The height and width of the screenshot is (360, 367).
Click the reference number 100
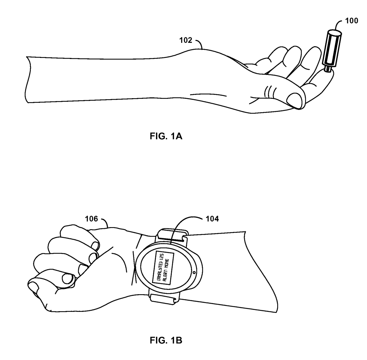352,21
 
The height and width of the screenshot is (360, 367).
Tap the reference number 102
185,41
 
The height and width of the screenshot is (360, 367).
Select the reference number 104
212,219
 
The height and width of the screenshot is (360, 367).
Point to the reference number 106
91,219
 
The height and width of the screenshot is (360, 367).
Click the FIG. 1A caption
166,136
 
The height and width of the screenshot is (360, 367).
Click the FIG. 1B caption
166,340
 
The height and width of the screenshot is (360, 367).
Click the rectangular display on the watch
163,268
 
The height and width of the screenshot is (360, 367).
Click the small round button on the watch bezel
194,272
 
